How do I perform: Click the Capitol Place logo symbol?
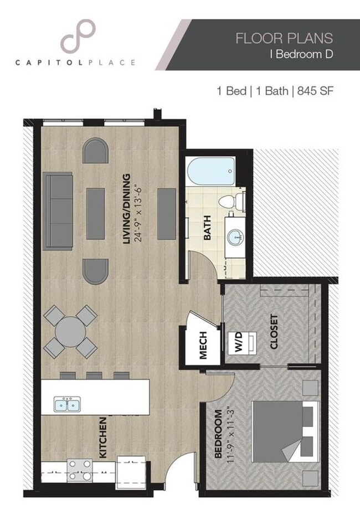[77, 36]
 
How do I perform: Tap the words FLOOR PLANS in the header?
[284, 38]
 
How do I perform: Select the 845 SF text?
[314, 91]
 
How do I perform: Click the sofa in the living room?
[58, 210]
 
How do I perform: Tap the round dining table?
[70, 332]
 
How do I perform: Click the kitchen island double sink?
[66, 404]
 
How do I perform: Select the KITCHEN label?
[103, 438]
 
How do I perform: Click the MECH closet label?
[203, 346]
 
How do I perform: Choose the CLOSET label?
[274, 332]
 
